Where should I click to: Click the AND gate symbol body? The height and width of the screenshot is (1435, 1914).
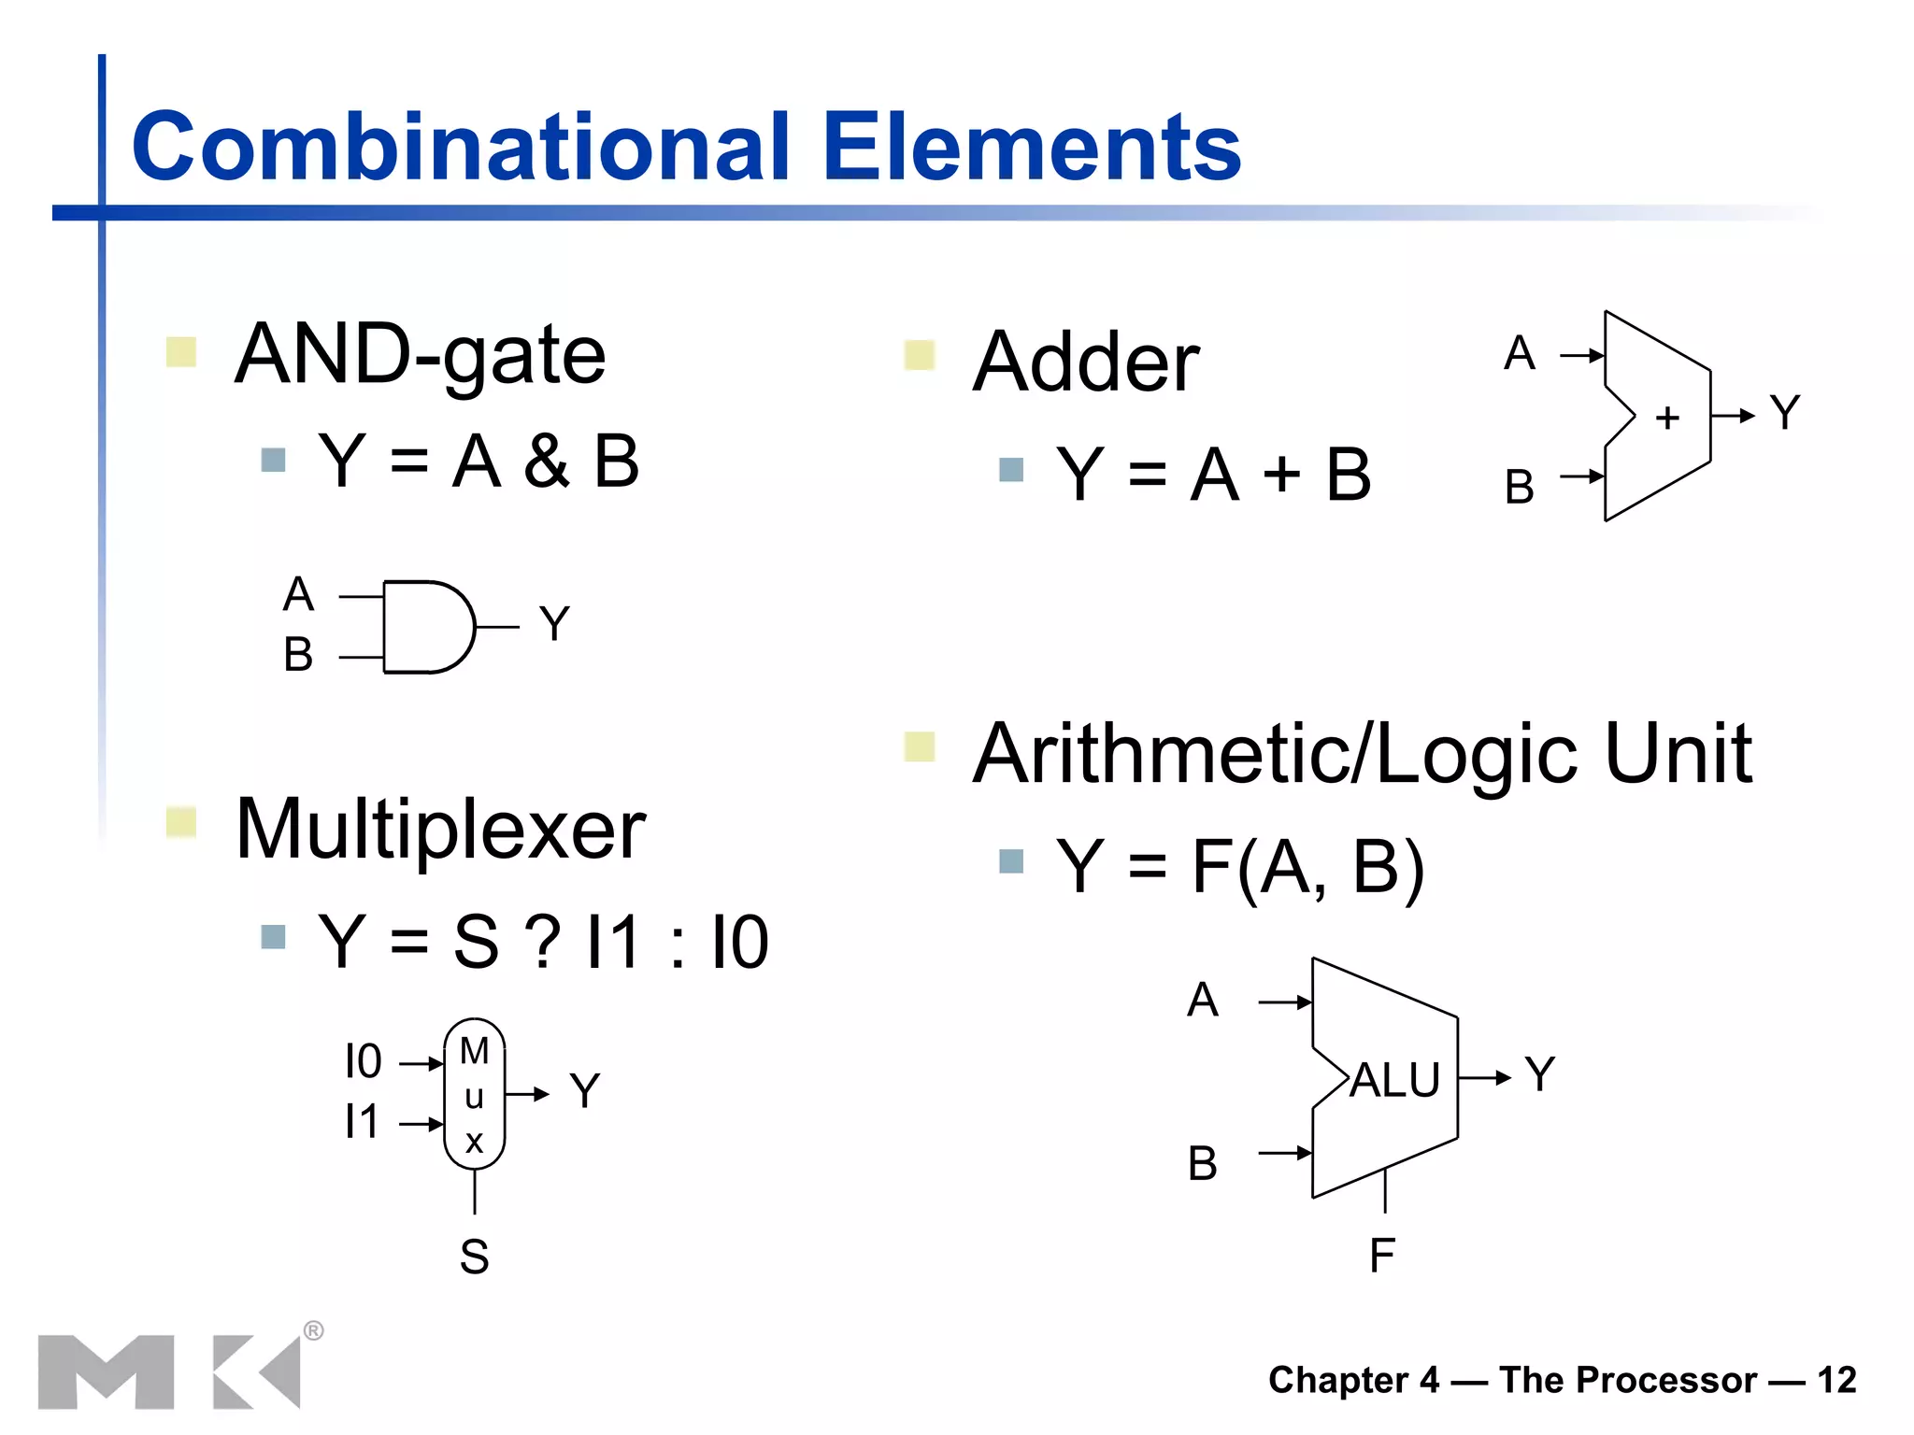[x=425, y=627]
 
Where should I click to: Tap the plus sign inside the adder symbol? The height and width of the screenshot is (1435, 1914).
[x=1666, y=418]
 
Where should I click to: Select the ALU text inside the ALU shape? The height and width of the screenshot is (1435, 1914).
[x=1394, y=1080]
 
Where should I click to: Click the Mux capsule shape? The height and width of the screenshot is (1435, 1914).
[x=475, y=1094]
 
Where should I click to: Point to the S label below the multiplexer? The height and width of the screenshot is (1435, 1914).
[x=474, y=1257]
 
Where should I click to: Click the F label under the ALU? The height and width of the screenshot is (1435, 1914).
[x=1382, y=1256]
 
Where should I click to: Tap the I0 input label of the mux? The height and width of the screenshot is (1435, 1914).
[x=363, y=1062]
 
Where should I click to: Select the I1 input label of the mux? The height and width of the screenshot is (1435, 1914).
[x=362, y=1122]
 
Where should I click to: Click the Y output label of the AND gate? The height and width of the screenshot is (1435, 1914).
[x=554, y=624]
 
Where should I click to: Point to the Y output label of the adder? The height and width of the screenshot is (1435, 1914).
[x=1784, y=413]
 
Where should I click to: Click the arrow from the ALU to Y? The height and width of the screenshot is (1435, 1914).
[x=1485, y=1078]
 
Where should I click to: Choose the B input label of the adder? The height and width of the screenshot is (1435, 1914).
[x=1520, y=488]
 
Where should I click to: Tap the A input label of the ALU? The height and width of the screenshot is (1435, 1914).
[x=1203, y=1001]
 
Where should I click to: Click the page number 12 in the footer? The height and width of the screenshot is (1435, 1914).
[x=1836, y=1380]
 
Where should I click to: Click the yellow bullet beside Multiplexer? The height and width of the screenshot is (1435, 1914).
[x=181, y=823]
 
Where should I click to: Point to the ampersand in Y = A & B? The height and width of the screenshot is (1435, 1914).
[x=547, y=461]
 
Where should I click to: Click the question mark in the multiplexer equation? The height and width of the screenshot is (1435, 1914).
[x=543, y=942]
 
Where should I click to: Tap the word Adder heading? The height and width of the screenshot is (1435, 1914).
[x=1086, y=362]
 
